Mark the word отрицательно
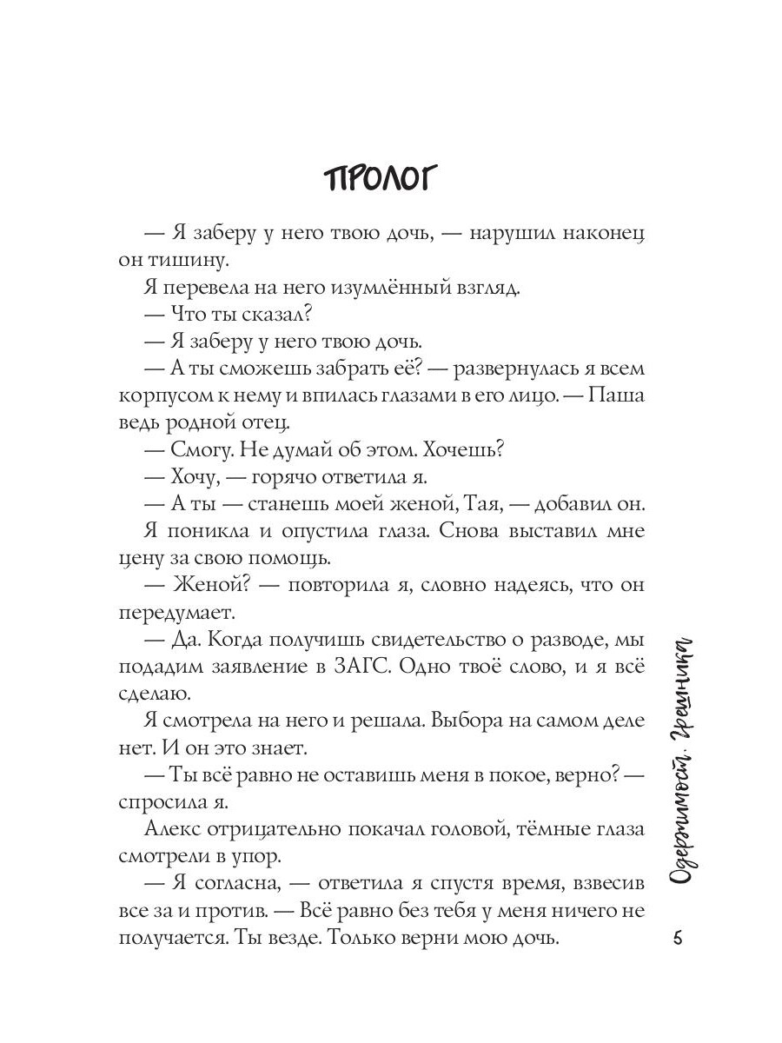pyautogui.click(x=282, y=832)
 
